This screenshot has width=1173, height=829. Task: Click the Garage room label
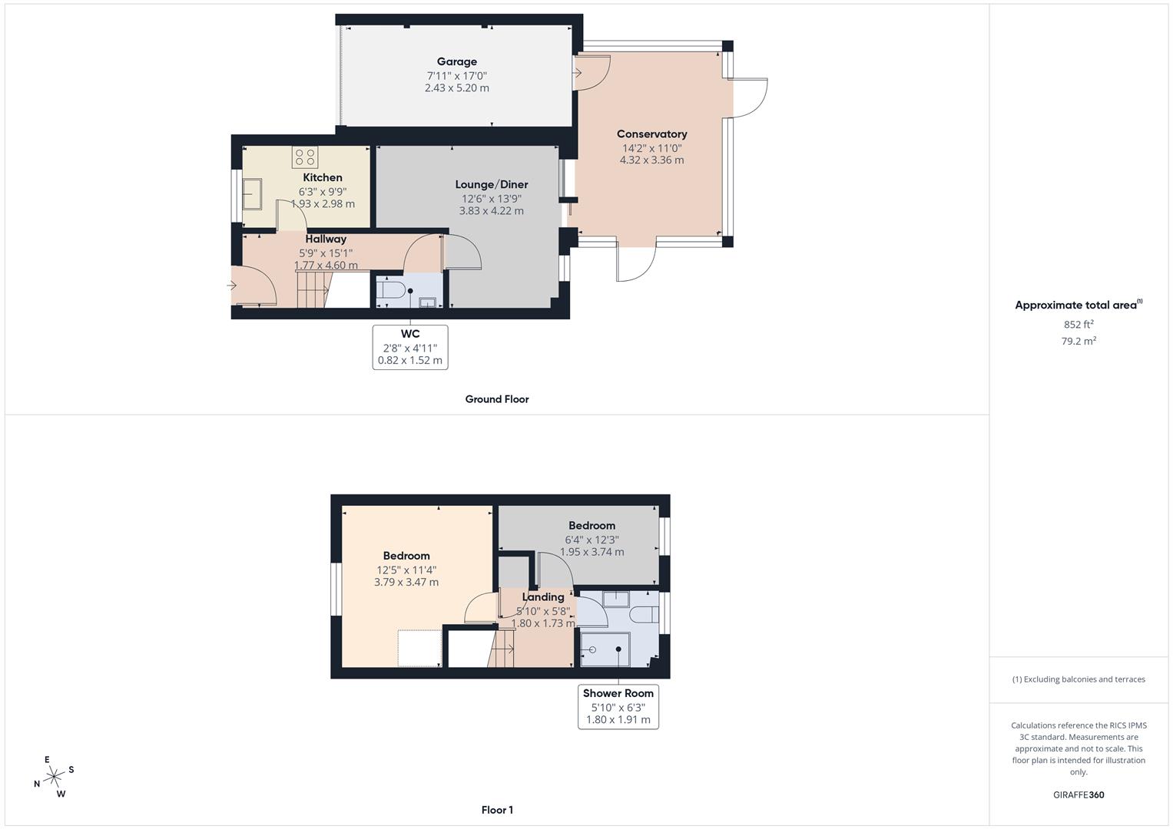[x=456, y=61]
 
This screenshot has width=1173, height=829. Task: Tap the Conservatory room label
[x=651, y=134]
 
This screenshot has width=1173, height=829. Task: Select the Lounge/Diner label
[x=492, y=184]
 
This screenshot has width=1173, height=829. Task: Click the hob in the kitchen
[x=305, y=157]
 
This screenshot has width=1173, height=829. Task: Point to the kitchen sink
[x=253, y=194]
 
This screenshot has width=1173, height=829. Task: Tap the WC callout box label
[x=410, y=334]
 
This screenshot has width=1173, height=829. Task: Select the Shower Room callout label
[x=618, y=693]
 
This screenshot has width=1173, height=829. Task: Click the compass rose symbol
[x=54, y=777]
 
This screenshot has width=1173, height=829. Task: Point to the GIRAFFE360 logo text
[x=1079, y=794]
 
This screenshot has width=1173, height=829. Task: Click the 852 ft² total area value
[x=1079, y=325]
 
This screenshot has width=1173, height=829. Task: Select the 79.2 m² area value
[x=1079, y=342]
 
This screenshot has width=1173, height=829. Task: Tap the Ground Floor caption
[x=497, y=399]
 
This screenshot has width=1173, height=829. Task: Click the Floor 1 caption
[x=497, y=810]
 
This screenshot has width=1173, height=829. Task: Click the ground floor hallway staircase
[x=312, y=289]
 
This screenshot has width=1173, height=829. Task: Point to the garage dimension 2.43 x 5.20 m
[x=456, y=88]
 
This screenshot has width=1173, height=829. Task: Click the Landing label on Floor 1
[x=543, y=597]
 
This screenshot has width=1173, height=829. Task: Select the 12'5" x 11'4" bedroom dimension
[x=406, y=570]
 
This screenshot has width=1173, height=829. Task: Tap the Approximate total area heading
[x=1077, y=305]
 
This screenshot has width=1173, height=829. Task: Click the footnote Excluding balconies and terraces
[x=1079, y=679]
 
